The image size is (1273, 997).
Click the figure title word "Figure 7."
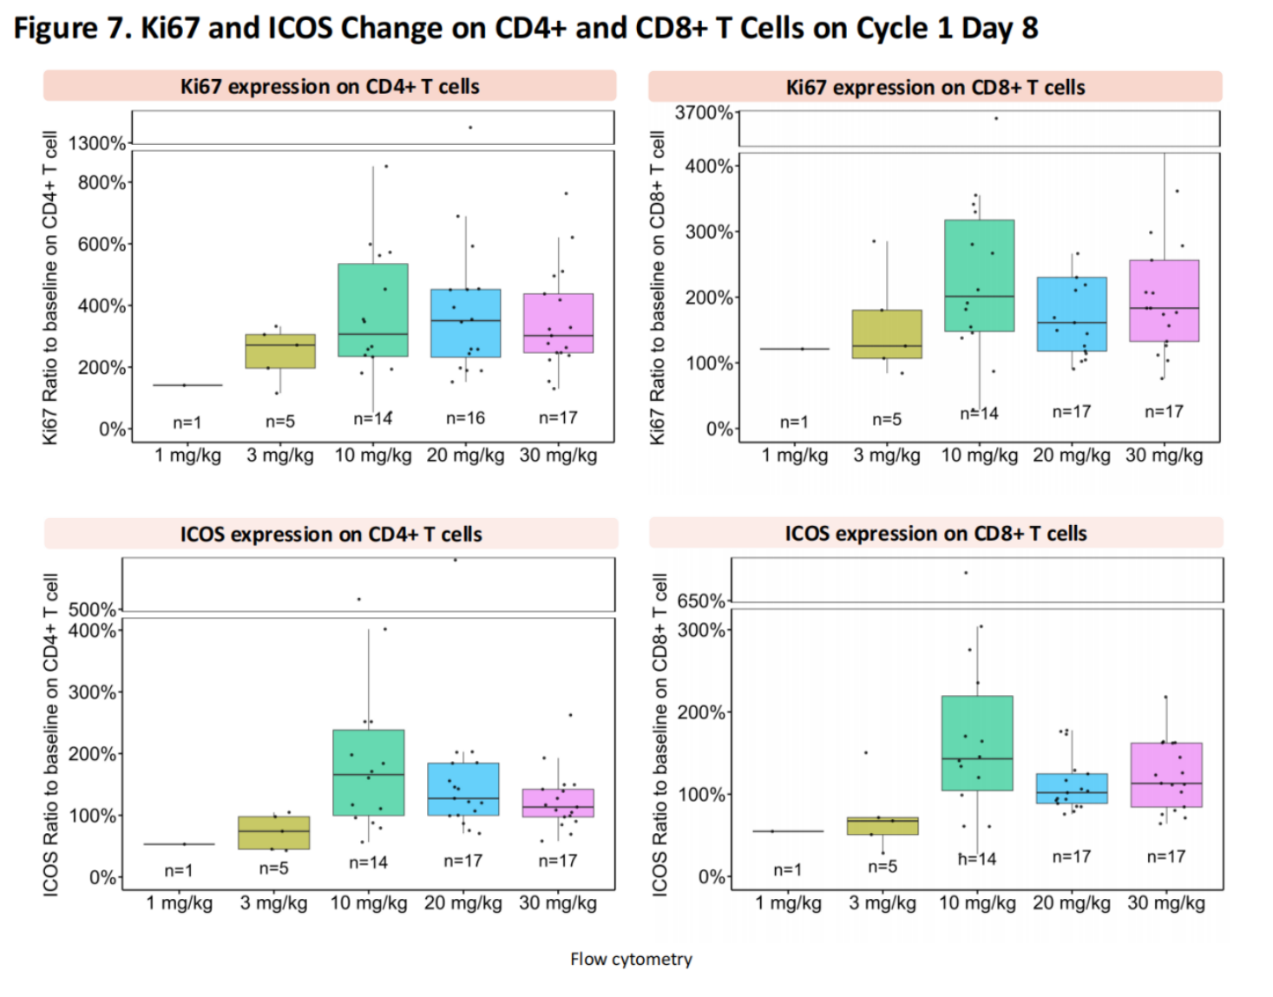pyautogui.click(x=72, y=29)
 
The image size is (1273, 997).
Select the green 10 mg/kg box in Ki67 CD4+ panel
pyautogui.click(x=373, y=310)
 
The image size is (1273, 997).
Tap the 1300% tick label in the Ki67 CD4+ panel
pyautogui.click(x=97, y=143)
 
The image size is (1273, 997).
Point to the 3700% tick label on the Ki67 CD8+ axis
pyautogui.click(x=703, y=113)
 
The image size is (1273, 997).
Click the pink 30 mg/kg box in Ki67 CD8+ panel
pyautogui.click(x=1164, y=300)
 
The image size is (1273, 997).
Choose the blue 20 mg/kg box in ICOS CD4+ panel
pyautogui.click(x=463, y=789)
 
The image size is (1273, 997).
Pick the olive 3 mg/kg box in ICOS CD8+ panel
pyautogui.click(x=882, y=825)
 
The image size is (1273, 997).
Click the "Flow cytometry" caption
pyautogui.click(x=631, y=959)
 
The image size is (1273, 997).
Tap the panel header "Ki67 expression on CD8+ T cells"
pyautogui.click(x=935, y=88)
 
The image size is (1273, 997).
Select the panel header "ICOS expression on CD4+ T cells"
pyautogui.click(x=331, y=535)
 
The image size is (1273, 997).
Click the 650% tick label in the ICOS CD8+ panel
pyautogui.click(x=700, y=600)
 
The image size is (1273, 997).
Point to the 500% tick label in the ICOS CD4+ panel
pyautogui.click(x=92, y=609)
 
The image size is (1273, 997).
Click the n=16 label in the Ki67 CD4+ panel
pyautogui.click(x=465, y=418)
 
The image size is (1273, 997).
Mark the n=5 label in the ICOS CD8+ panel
pyautogui.click(x=882, y=866)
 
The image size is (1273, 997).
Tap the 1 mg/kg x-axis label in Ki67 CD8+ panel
pyautogui.click(x=794, y=456)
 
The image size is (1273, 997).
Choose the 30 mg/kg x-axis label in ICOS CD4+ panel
pyautogui.click(x=557, y=903)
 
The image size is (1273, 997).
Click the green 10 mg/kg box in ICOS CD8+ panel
pyautogui.click(x=977, y=743)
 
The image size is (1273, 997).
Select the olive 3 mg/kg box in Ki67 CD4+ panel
pyautogui.click(x=280, y=351)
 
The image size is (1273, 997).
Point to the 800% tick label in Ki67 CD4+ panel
pyautogui.click(x=102, y=182)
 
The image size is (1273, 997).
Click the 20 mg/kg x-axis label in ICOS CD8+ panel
pyautogui.click(x=1071, y=903)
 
